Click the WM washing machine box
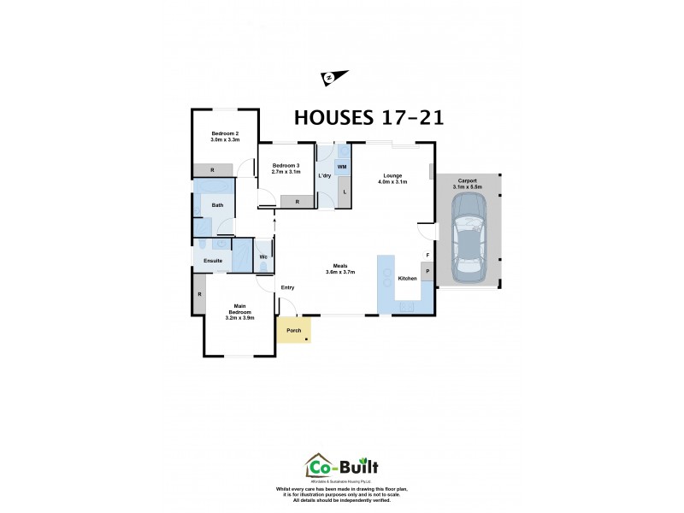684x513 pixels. click(x=341, y=166)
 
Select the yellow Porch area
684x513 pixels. click(x=293, y=331)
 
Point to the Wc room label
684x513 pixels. click(x=263, y=256)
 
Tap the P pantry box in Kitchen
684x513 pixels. click(x=427, y=272)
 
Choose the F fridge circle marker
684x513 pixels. click(x=427, y=255)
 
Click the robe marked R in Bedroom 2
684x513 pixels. click(x=212, y=170)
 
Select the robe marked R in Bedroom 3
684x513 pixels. click(x=297, y=202)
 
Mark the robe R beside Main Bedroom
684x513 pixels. click(x=199, y=294)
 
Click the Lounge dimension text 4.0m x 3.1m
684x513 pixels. click(x=392, y=182)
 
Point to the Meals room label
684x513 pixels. click(x=340, y=265)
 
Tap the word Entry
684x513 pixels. click(x=288, y=287)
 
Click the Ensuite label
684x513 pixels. click(x=213, y=261)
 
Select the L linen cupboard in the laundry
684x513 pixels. click(x=344, y=192)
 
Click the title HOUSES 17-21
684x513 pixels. click(x=369, y=118)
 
